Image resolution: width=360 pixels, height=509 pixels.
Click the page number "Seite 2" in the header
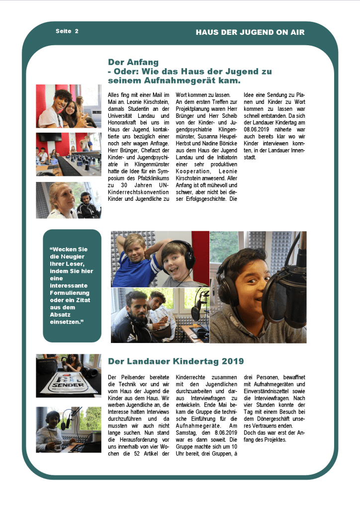(67, 31)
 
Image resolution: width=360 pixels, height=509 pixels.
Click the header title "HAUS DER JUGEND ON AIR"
(250, 32)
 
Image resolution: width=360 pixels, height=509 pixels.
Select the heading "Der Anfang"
(133, 62)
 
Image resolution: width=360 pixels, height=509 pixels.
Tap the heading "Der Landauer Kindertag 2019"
(176, 361)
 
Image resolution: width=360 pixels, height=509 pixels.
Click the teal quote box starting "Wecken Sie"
(72, 285)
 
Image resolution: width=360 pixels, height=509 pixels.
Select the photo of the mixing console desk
(68, 154)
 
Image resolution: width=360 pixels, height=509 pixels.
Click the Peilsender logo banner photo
(68, 375)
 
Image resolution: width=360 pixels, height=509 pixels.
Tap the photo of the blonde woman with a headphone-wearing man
(68, 200)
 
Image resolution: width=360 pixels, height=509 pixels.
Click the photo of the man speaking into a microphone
(68, 429)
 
